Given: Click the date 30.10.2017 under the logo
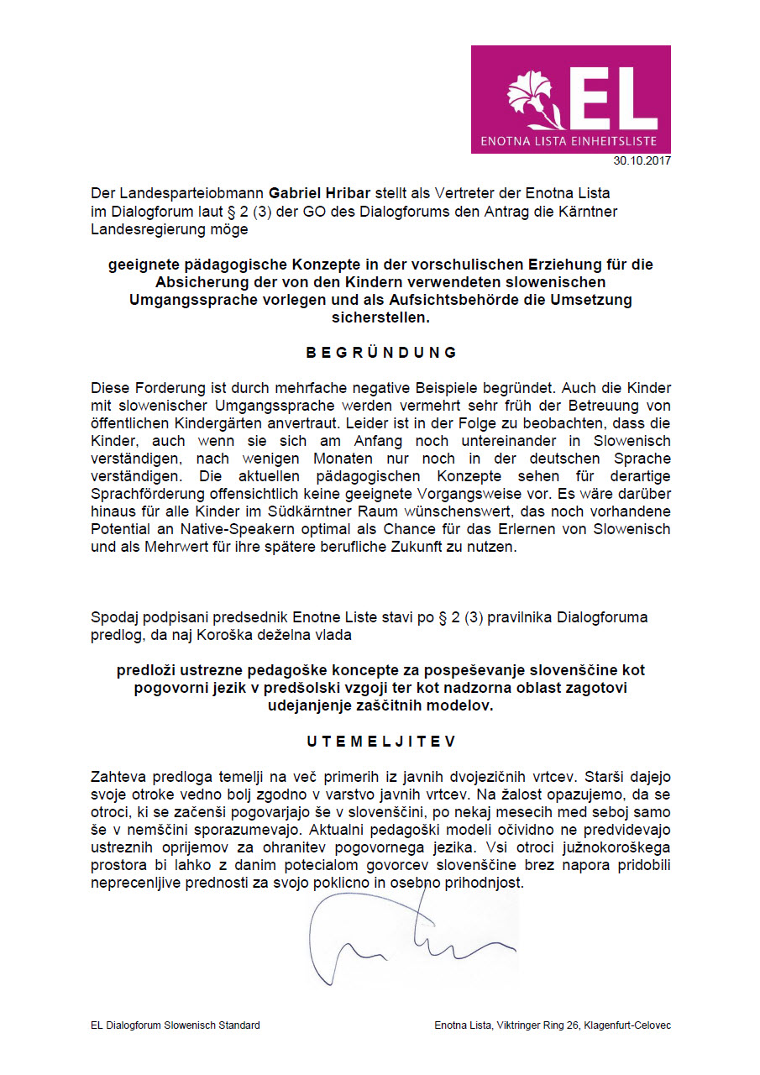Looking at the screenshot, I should coord(642,160).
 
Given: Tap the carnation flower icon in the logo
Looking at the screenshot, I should coord(530,96).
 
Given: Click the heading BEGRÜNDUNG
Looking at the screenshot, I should coord(381,353).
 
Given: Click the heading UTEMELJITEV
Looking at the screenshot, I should coord(381,742).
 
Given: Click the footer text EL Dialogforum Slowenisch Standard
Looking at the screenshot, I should coord(176,1025).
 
